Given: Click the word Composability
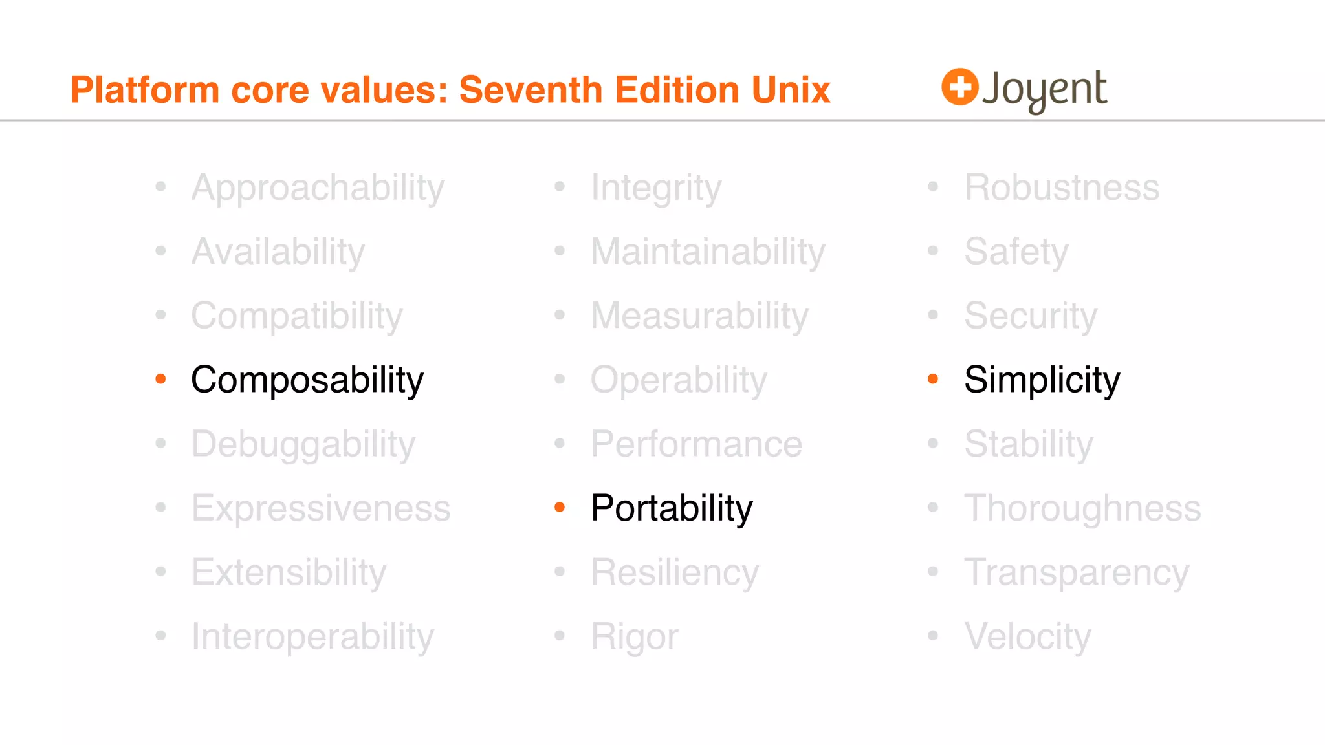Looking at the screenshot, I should tap(307, 380).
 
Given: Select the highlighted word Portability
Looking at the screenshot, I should tap(672, 508).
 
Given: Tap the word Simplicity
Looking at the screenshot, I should tap(1042, 380).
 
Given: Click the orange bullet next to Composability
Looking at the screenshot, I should tap(161, 379).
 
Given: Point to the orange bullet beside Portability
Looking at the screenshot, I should tap(560, 508).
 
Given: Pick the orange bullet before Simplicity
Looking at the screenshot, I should tap(933, 379).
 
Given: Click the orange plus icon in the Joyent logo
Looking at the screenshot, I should tap(959, 87).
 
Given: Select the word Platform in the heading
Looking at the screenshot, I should tap(145, 90).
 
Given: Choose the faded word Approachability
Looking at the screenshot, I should tap(318, 188).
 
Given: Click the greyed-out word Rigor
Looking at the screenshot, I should tap(635, 636).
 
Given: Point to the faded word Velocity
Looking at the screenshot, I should tap(1027, 636).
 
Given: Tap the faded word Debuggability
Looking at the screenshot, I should tap(303, 444).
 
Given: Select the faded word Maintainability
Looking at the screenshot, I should tap(708, 252).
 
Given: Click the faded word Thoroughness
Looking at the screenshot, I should tap(1082, 508).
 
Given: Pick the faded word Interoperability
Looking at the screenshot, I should tap(312, 636).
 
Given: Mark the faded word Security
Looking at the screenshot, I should tap(1031, 316).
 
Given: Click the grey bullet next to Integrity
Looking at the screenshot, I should tap(560, 187).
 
